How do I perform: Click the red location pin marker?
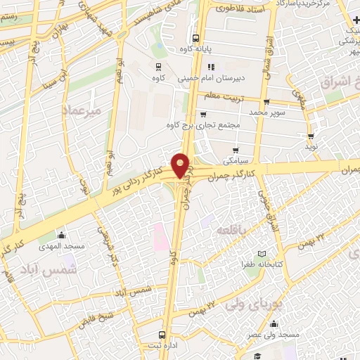(181, 165)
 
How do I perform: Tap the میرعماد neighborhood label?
(82, 111)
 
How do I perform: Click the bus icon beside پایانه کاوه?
(195, 39)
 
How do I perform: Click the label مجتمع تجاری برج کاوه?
(211, 126)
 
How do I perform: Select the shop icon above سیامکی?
(236, 150)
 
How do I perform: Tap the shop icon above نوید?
(310, 136)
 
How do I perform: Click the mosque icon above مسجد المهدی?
(63, 235)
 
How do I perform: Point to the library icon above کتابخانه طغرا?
(262, 253)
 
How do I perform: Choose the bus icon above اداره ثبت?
(162, 334)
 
